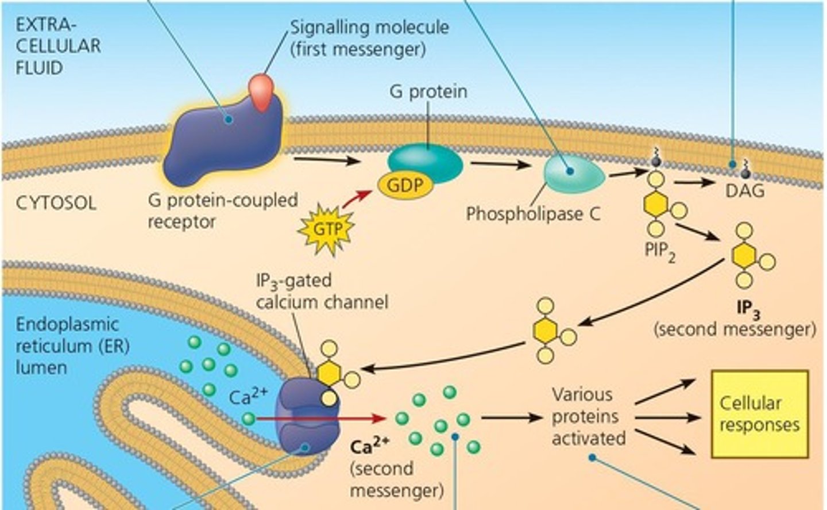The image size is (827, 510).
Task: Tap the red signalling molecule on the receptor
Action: pyautogui.click(x=261, y=91)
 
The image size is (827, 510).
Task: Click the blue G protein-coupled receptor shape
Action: pyautogui.click(x=218, y=138)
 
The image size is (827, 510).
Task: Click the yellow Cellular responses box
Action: pyautogui.click(x=759, y=413)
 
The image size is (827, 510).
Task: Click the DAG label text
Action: pyautogui.click(x=745, y=190)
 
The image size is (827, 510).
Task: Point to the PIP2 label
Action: pyautogui.click(x=659, y=251)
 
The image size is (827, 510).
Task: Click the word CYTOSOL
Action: pyautogui.click(x=56, y=203)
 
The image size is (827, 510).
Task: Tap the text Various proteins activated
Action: pyautogui.click(x=588, y=417)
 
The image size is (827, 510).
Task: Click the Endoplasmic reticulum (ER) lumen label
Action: pyautogui.click(x=67, y=346)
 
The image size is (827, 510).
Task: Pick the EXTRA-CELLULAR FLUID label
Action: pyautogui.click(x=57, y=46)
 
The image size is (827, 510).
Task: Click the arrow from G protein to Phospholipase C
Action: pyautogui.click(x=499, y=165)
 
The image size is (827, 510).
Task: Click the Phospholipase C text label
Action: pyautogui.click(x=532, y=214)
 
